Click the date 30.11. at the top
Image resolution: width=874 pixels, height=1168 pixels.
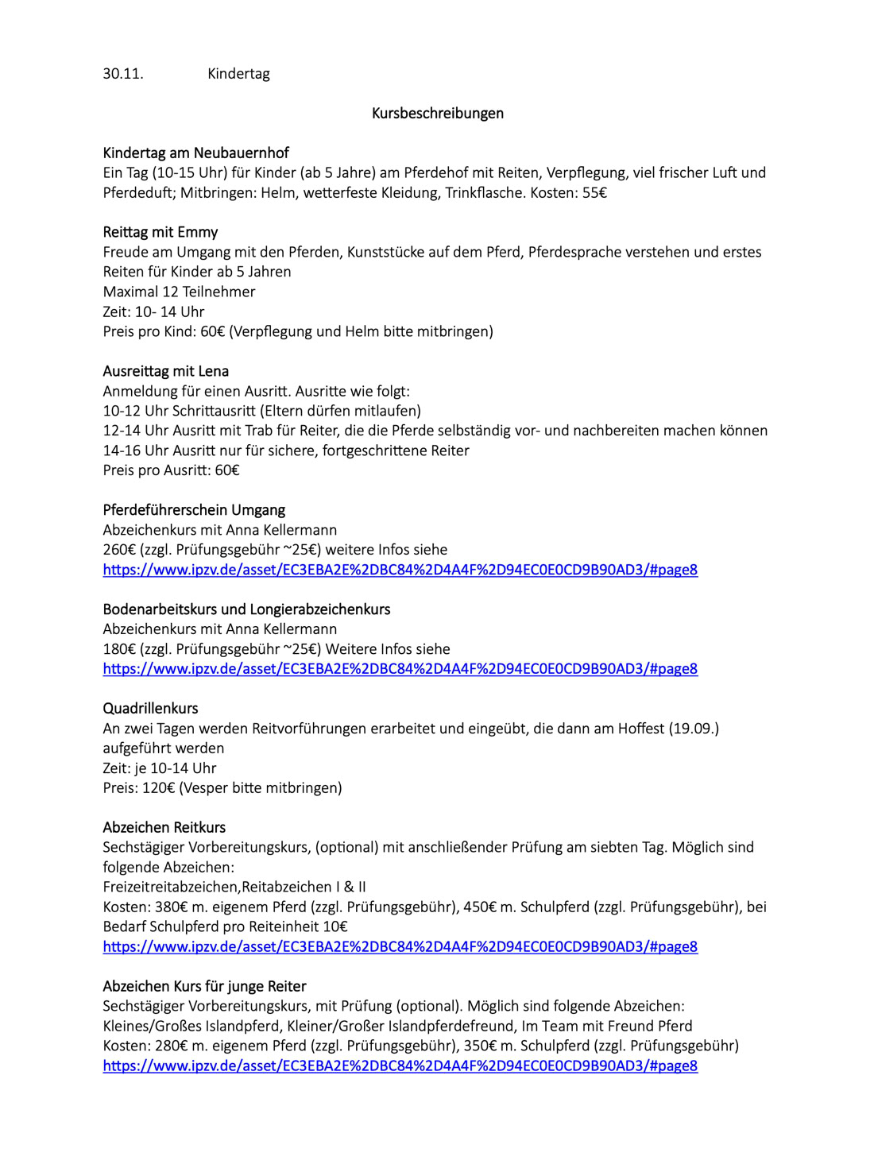pos(123,74)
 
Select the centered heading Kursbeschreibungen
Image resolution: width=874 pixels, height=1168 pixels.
pos(437,114)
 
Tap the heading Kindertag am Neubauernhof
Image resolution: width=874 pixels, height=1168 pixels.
pos(195,153)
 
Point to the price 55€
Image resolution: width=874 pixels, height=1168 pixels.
pos(594,193)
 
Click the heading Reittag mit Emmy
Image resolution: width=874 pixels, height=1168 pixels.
pos(160,233)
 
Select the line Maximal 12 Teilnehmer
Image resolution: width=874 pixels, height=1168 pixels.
pos(179,292)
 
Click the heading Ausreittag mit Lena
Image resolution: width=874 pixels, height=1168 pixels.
pos(165,371)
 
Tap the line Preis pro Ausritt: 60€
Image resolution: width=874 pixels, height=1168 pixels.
pos(171,470)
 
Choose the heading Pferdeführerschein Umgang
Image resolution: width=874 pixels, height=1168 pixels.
pos(194,510)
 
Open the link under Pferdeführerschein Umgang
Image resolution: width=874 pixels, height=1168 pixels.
pos(400,570)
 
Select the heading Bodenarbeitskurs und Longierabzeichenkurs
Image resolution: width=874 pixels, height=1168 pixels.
pos(246,609)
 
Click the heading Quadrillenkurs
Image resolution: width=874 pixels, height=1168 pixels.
pos(150,709)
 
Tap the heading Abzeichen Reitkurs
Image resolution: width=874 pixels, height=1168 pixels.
pos(164,828)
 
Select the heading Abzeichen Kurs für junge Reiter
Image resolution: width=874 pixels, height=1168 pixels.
pos(204,987)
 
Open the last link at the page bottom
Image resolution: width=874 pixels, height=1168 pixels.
pos(400,1066)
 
